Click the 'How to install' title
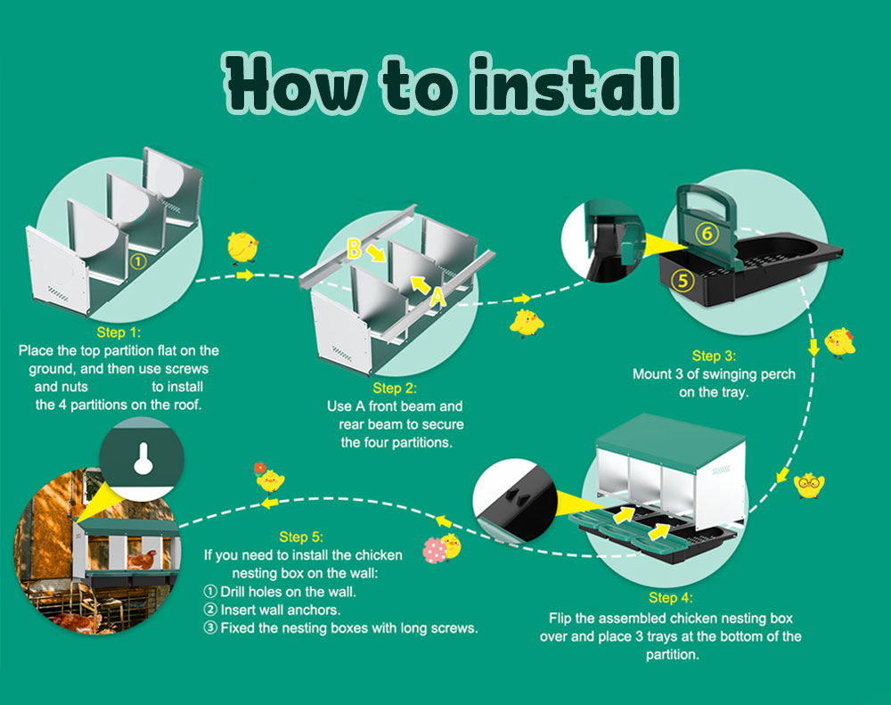(448, 85)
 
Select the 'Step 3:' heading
(713, 356)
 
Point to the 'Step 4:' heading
(670, 598)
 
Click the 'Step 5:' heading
(301, 537)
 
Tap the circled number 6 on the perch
(707, 234)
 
